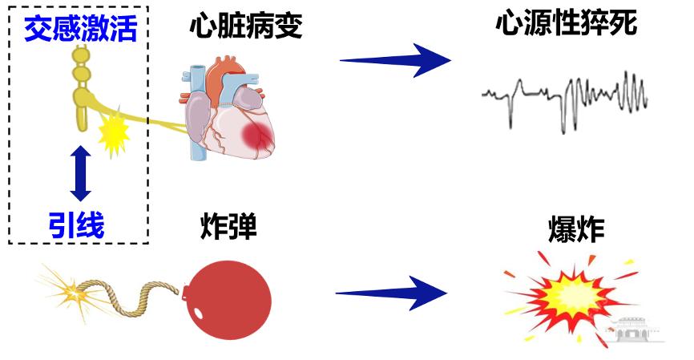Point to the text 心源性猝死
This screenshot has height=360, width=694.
(x=566, y=24)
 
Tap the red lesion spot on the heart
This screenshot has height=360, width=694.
(x=259, y=137)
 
